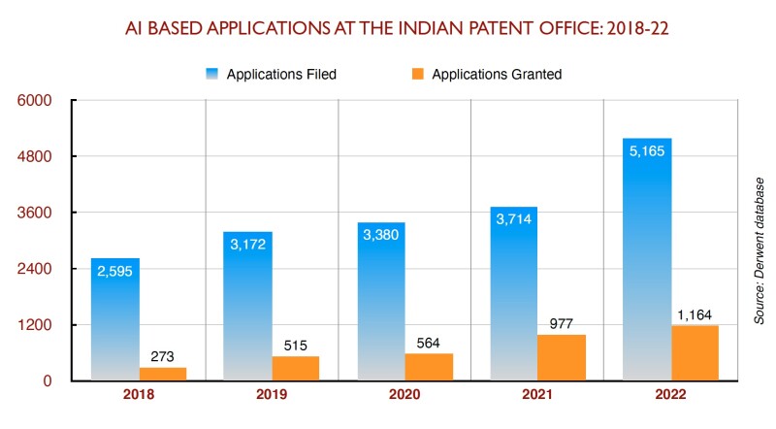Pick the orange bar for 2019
point(295,368)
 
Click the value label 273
point(163,357)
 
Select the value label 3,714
point(514,220)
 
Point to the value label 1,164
point(694,315)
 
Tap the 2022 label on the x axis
point(669,396)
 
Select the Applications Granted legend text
point(497,75)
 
